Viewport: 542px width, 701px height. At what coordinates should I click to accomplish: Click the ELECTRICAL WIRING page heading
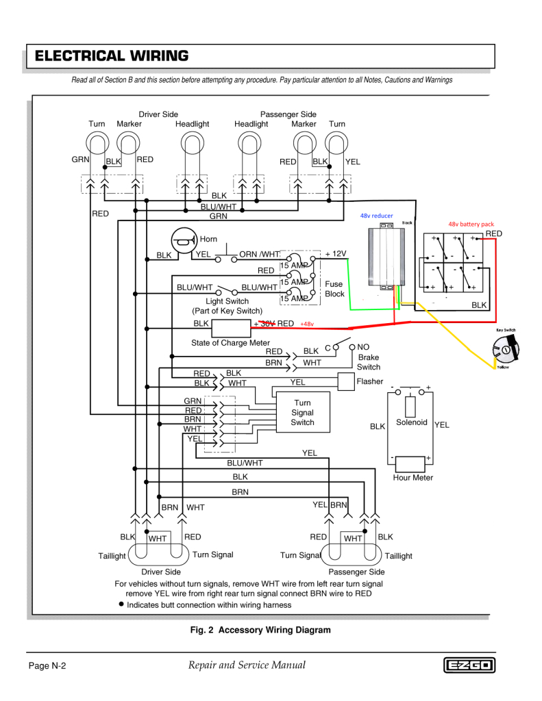click(112, 56)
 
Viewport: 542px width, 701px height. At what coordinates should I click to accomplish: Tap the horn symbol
click(183, 240)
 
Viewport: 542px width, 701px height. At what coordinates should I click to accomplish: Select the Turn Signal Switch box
click(302, 412)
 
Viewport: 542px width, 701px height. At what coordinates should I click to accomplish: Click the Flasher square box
click(346, 381)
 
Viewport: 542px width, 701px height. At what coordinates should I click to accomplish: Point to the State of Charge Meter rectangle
click(231, 327)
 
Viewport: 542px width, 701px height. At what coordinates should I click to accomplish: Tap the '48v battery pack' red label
click(471, 224)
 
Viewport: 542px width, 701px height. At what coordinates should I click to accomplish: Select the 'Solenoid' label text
click(412, 422)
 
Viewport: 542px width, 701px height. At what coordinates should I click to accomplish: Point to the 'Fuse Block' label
click(334, 289)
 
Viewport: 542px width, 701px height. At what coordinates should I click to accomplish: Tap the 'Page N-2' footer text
click(47, 666)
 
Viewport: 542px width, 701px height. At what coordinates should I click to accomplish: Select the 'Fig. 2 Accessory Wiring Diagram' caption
click(260, 630)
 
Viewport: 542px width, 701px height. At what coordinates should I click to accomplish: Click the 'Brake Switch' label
click(368, 362)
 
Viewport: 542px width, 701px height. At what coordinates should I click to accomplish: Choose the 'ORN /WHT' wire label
click(260, 255)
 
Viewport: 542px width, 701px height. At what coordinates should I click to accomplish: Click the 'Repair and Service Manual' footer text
click(245, 665)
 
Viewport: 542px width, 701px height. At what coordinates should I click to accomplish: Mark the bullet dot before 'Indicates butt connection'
click(121, 604)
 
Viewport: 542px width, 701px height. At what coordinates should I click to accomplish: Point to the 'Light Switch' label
click(227, 301)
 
